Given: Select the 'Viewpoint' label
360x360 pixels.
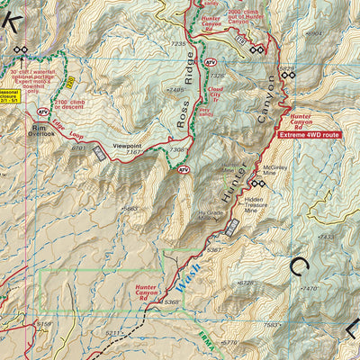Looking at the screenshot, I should [127, 144].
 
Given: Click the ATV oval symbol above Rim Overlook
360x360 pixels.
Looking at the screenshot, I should [42, 112].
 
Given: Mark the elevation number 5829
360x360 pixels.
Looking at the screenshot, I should [286, 67].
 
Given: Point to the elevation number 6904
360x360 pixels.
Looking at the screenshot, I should [313, 33].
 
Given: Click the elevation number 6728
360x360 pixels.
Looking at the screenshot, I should [245, 283].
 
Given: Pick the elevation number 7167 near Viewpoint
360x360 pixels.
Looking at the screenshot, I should [134, 152].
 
